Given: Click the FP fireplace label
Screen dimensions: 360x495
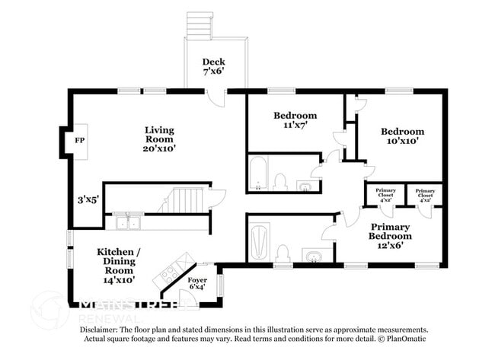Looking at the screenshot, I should click(78, 141).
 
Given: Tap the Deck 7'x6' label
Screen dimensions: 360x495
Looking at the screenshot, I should click(212, 66).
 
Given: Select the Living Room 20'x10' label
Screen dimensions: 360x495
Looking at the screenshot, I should click(160, 139).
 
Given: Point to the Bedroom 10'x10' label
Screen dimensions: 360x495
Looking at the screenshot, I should click(402, 135).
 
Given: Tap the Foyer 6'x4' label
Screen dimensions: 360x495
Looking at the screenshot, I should click(197, 283).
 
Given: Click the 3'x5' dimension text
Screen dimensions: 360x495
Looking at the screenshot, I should click(88, 199).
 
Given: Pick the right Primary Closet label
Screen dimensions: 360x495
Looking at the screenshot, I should click(425, 194).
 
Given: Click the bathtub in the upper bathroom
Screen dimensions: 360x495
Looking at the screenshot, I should click(257, 174).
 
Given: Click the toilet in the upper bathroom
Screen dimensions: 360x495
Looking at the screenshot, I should click(279, 181).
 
